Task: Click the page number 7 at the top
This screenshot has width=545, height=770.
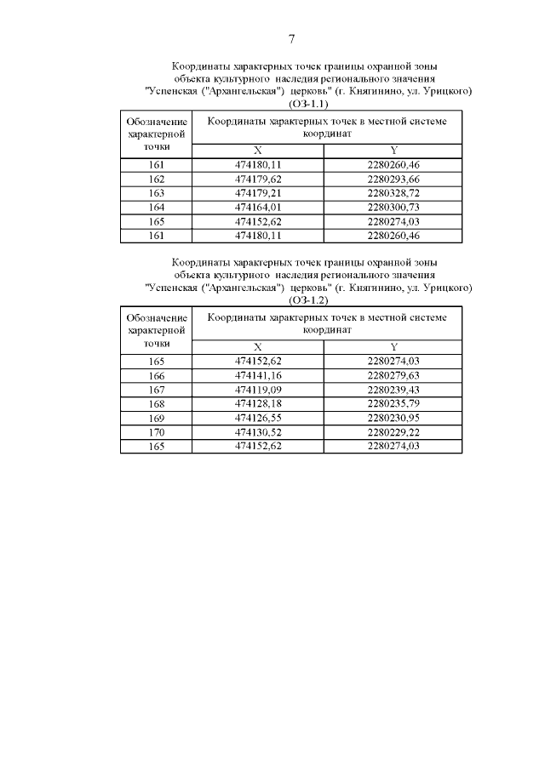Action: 291,39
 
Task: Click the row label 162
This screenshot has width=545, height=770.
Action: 157,180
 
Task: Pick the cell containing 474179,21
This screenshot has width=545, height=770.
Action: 258,193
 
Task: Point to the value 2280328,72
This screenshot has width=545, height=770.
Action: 394,193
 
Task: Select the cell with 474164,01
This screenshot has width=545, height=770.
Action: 258,207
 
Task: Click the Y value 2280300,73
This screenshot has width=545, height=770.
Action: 394,207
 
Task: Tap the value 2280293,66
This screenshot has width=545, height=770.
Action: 394,180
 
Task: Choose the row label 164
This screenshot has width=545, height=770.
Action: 157,207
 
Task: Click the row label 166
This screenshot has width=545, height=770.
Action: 157,376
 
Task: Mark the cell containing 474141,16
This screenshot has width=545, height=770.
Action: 258,376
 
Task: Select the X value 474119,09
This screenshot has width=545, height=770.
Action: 258,390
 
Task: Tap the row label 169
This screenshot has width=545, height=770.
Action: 157,418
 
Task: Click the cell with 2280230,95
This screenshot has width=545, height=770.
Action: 394,418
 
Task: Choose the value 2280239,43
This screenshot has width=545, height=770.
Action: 394,390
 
